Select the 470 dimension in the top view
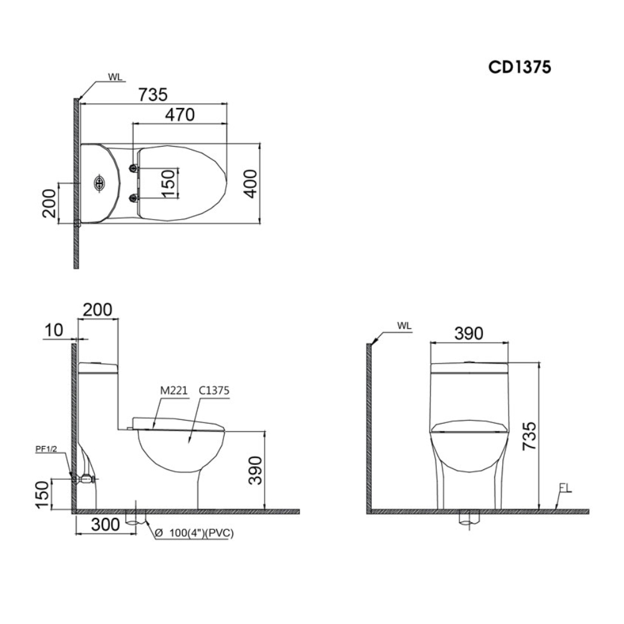click(180, 114)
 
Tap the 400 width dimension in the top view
click(250, 183)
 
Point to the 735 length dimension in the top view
click(153, 94)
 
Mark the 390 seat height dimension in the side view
click(255, 470)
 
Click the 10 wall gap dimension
click(55, 330)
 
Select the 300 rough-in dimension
click(105, 525)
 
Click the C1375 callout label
click(213, 391)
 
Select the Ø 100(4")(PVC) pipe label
click(192, 534)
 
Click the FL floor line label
click(565, 489)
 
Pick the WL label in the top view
click(115, 78)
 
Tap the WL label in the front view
click(404, 326)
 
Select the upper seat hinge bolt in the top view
click(133, 168)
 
